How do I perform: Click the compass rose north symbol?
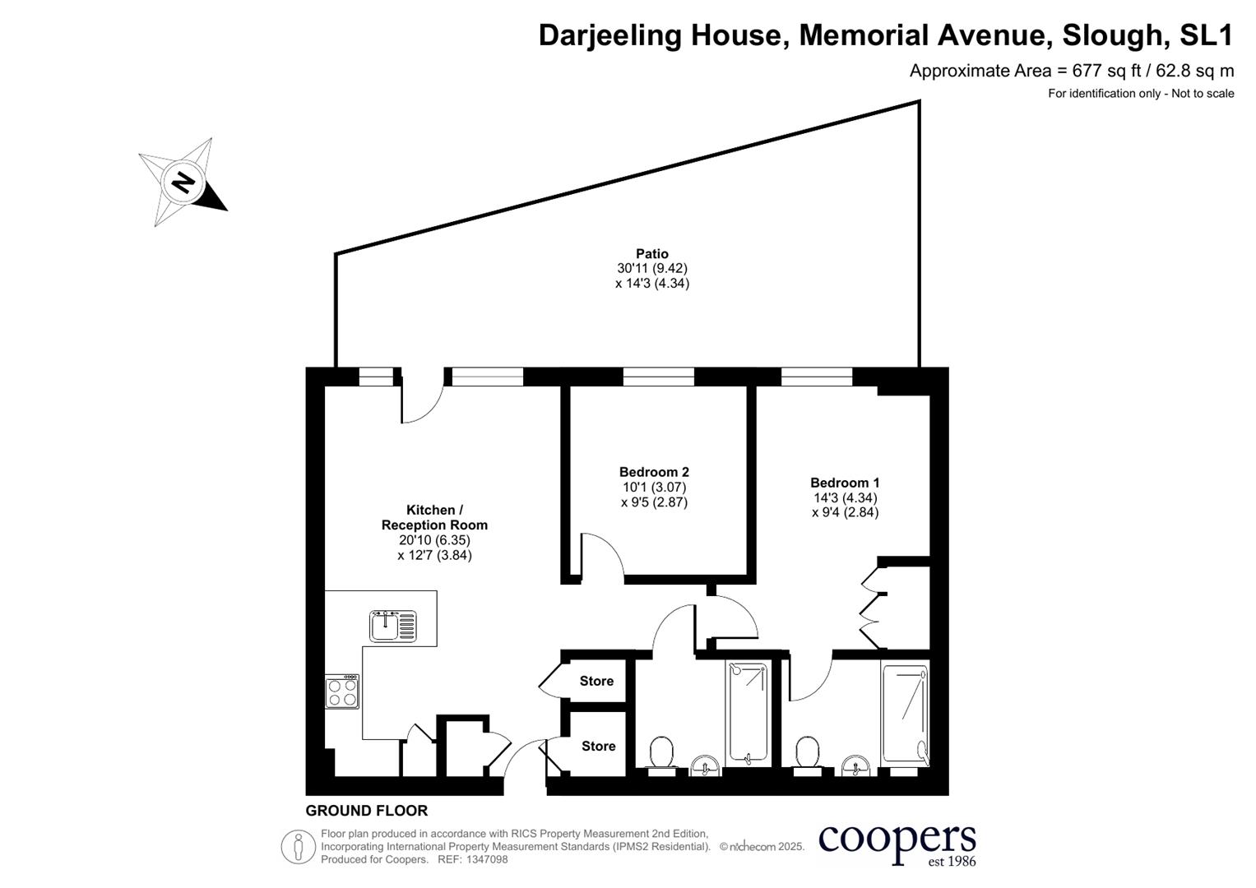click(183, 182)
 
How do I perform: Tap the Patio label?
click(651, 254)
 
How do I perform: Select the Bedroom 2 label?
click(654, 472)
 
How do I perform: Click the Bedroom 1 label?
click(845, 483)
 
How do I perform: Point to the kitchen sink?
click(393, 627)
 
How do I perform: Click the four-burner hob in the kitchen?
click(342, 691)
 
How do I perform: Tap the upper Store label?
click(596, 681)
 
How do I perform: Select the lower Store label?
click(598, 746)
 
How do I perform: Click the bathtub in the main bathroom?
click(747, 713)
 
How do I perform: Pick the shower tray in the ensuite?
click(905, 713)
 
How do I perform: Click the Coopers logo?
click(897, 844)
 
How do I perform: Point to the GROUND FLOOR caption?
click(367, 811)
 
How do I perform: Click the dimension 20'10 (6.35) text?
click(434, 540)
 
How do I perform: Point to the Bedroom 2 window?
click(658, 377)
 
